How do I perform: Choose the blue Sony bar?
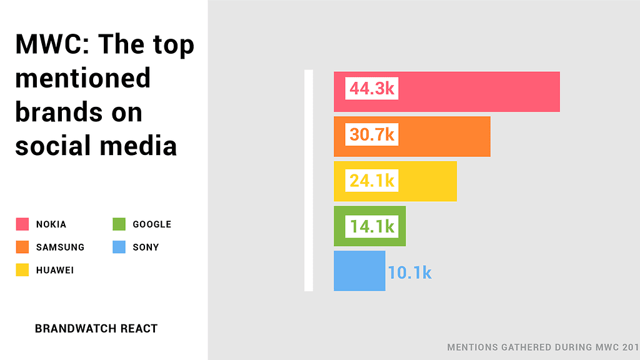(359, 271)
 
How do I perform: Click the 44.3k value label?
(372, 89)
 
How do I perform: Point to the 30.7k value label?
(372, 134)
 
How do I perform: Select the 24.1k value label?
(372, 181)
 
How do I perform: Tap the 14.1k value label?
(372, 226)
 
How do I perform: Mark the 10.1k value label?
(409, 272)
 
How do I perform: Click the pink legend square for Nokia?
(22, 224)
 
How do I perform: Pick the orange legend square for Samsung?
(22, 247)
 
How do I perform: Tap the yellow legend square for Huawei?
(22, 270)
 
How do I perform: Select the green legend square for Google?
(119, 224)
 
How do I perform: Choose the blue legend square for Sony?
(119, 247)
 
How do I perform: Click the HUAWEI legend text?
(55, 271)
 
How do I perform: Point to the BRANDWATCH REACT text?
(96, 328)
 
